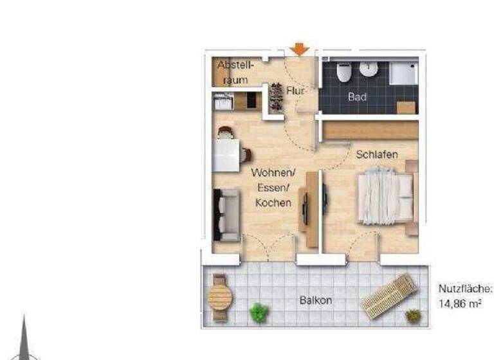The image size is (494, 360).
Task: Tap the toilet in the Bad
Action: click(344, 73)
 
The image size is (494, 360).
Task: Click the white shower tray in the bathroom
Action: click(404, 73)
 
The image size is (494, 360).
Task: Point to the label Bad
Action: click(358, 97)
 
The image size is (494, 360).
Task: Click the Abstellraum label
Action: click(236, 72)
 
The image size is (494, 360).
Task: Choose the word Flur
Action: click(295, 91)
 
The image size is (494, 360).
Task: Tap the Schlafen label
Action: click(378, 154)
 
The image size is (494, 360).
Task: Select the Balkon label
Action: click(316, 300)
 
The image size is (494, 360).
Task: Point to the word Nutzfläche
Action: click(466, 289)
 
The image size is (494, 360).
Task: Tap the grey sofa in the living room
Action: click(227, 214)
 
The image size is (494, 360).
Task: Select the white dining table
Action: click(226, 155)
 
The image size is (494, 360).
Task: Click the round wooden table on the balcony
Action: click(220, 297)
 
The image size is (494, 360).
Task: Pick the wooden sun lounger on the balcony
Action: click(390, 295)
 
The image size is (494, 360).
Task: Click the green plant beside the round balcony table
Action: click(259, 312)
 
